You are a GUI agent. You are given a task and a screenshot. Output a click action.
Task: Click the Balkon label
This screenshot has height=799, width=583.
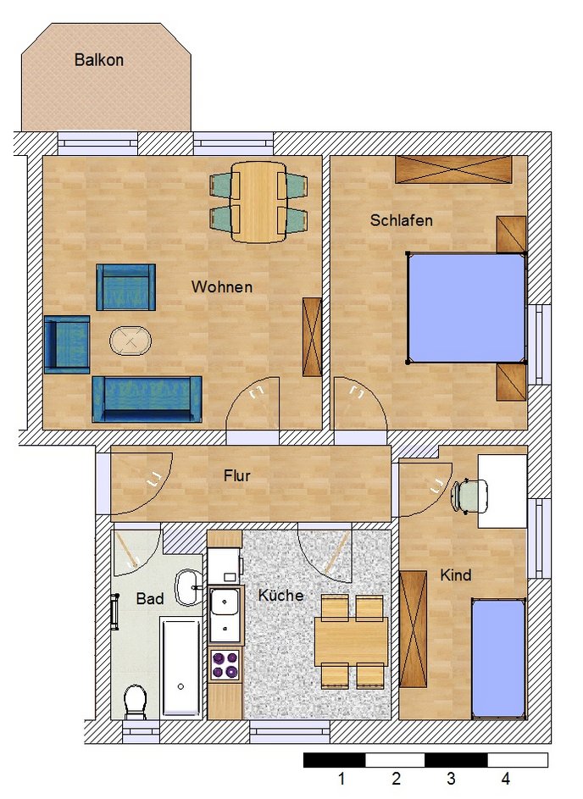point(99,59)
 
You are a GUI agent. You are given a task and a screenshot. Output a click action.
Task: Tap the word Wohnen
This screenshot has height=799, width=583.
point(222,286)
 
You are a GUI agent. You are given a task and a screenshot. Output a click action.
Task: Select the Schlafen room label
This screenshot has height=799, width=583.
point(401,220)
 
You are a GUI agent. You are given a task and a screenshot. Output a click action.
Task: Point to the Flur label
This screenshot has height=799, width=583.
point(237,475)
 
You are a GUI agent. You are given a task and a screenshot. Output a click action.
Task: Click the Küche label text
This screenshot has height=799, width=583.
point(280,595)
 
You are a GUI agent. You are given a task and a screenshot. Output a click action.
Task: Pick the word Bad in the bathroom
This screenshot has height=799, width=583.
point(150,598)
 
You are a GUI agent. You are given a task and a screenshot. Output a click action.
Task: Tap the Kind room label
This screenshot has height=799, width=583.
point(456,575)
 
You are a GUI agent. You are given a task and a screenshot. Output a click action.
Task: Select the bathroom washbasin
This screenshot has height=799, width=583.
point(189,587)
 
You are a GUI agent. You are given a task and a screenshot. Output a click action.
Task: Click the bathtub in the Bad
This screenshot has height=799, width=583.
point(180,667)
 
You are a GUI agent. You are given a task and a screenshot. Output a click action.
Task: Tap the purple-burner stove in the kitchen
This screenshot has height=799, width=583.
point(225,664)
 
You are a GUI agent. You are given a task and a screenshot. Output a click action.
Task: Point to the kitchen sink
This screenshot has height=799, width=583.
point(225,614)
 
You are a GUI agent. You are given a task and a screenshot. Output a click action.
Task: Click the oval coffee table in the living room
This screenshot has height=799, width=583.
point(130,340)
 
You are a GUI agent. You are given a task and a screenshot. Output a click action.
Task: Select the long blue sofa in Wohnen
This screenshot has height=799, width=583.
point(147,400)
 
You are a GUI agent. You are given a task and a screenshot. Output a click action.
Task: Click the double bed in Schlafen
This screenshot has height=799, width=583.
point(466,308)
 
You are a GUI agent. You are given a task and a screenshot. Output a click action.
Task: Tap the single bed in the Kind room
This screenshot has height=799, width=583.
point(498,658)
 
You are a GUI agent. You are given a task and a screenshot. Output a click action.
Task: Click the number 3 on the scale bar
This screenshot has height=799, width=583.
point(451,779)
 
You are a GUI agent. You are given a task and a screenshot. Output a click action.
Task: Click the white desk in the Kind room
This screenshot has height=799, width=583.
point(502,491)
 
